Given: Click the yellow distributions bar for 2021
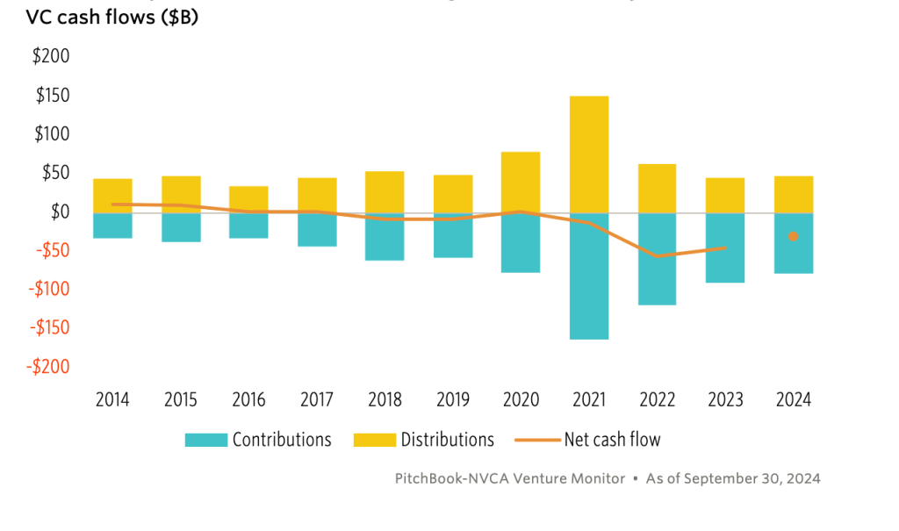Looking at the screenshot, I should pyautogui.click(x=589, y=154).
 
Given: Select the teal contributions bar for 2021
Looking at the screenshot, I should pyautogui.click(x=589, y=276).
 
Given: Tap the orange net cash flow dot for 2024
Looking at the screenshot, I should pyautogui.click(x=793, y=236).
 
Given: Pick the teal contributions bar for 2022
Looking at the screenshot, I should pyautogui.click(x=657, y=259).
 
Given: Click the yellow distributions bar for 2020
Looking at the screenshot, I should pyautogui.click(x=521, y=182).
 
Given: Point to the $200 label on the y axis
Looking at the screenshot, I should pyautogui.click(x=51, y=56).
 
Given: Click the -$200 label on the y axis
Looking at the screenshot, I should pyautogui.click(x=47, y=366).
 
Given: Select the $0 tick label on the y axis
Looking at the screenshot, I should pyautogui.click(x=58, y=212).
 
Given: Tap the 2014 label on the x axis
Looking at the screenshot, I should pyautogui.click(x=112, y=399).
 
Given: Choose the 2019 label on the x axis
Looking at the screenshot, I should pyautogui.click(x=453, y=399).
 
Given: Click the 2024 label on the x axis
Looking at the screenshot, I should pyautogui.click(x=794, y=399).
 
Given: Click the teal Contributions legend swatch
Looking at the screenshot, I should pyautogui.click(x=205, y=440).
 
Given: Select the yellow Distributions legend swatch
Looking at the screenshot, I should pyautogui.click(x=373, y=440).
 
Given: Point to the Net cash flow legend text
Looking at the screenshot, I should pyautogui.click(x=612, y=440).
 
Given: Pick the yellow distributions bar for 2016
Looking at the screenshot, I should pyautogui.click(x=248, y=199).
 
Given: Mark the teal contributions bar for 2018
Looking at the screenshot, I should pyautogui.click(x=385, y=237).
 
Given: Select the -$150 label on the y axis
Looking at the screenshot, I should pyautogui.click(x=47, y=327).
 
